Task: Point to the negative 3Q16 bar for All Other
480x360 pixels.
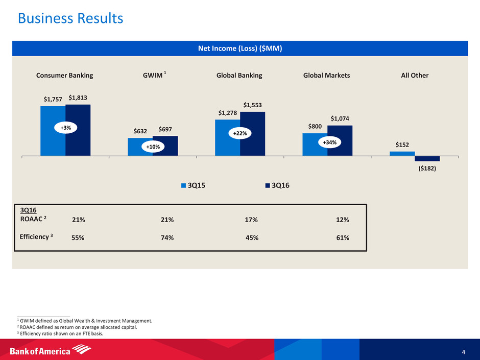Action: click(x=427, y=158)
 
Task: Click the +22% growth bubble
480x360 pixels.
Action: click(x=239, y=133)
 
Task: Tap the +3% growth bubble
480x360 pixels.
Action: click(x=65, y=128)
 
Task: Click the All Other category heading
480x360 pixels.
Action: click(x=415, y=75)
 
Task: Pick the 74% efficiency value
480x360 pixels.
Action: click(x=167, y=238)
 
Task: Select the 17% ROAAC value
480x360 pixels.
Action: click(x=251, y=220)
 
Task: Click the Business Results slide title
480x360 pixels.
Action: click(x=70, y=19)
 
